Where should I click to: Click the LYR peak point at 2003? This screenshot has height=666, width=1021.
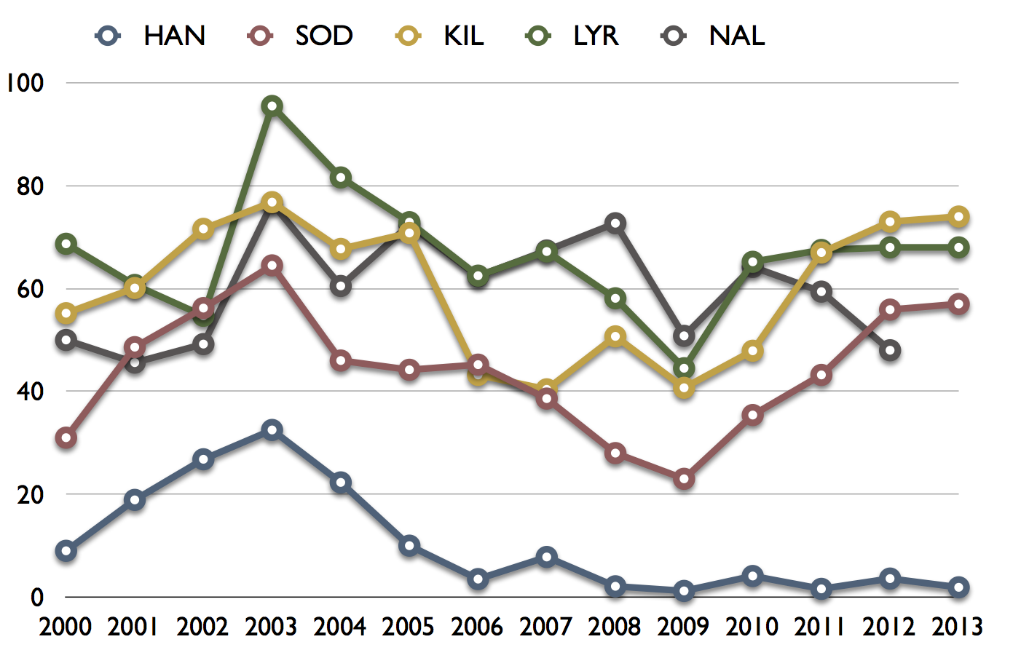point(272,106)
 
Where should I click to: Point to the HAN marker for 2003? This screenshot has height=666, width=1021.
point(272,429)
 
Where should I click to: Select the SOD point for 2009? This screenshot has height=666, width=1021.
point(684,479)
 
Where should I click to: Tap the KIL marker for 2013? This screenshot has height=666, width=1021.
point(958,217)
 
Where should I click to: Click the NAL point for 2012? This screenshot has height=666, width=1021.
point(890,350)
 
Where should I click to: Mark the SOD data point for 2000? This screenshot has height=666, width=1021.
point(66,438)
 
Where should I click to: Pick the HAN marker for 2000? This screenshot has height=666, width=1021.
point(66,551)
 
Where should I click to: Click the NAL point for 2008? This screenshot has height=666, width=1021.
point(615,223)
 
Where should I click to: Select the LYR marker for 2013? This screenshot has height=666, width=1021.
point(958,248)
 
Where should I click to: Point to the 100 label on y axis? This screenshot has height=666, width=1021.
point(25,83)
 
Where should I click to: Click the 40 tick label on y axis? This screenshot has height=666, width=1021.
point(31,392)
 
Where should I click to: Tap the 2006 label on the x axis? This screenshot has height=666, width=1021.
point(477,627)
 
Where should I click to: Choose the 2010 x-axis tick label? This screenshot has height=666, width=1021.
point(752,627)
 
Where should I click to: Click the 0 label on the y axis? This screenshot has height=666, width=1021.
point(37,598)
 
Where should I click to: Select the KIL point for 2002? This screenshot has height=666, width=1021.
point(203,229)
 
